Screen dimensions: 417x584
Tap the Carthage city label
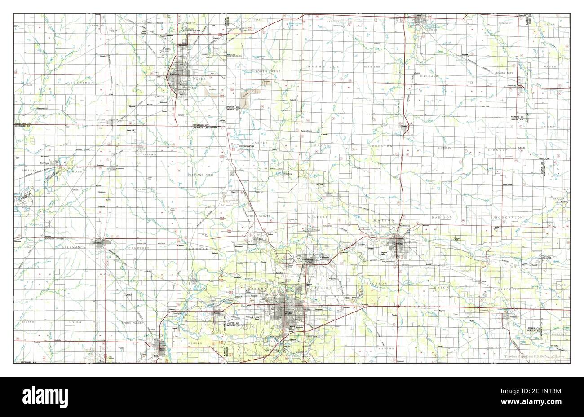pos(398,243)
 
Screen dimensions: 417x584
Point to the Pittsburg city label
pos(174,75)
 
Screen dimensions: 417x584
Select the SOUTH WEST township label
pos(268,71)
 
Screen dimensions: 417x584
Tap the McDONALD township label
pos(508,218)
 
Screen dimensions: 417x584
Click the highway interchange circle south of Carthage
pos(398,306)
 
